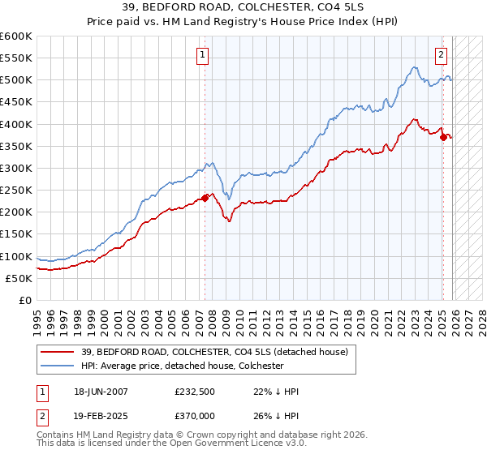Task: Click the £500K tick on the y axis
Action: coord(16,80)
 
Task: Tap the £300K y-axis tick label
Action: coord(16,168)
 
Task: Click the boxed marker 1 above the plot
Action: coord(202,55)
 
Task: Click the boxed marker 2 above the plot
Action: coord(441,55)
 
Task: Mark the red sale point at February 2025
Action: coord(443,137)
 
